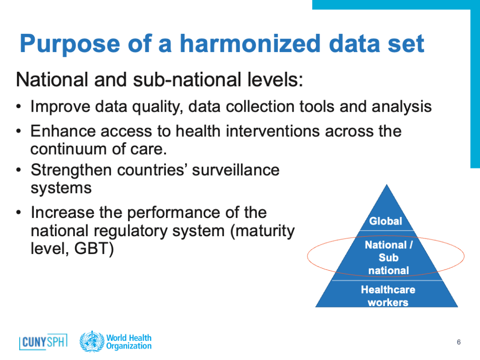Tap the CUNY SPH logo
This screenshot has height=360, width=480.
pyautogui.click(x=43, y=342)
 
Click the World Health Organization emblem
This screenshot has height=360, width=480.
pyautogui.click(x=91, y=341)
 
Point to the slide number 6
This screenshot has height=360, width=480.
pyautogui.click(x=458, y=342)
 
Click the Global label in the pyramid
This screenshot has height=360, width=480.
pyautogui.click(x=385, y=221)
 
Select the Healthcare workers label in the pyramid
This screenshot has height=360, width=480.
pyautogui.click(x=388, y=296)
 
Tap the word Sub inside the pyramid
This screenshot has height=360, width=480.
pyautogui.click(x=389, y=258)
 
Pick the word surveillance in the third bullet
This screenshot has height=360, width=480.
pyautogui.click(x=236, y=170)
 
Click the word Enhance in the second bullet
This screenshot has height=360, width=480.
pyautogui.click(x=63, y=131)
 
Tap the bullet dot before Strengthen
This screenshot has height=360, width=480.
pyautogui.click(x=19, y=170)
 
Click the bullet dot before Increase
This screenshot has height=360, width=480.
pyautogui.click(x=19, y=212)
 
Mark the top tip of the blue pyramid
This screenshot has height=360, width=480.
pyautogui.click(x=387, y=184)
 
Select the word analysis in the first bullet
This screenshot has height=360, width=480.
pyautogui.click(x=402, y=107)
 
